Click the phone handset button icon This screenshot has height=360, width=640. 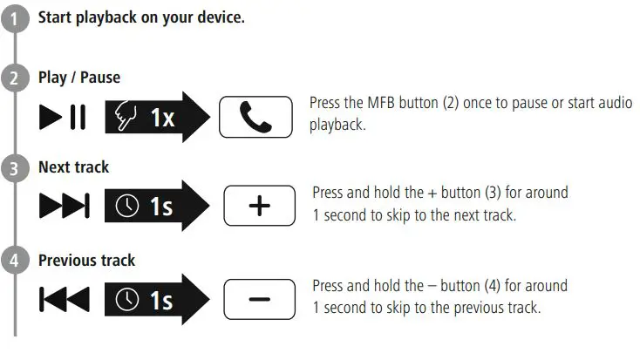point(255,118)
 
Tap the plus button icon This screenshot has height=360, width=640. point(260,207)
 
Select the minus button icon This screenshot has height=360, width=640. point(260,299)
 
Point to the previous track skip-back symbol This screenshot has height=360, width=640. point(64,300)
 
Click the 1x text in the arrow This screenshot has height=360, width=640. point(161,118)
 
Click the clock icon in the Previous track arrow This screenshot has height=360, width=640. point(129,300)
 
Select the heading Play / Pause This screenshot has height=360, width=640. point(79,78)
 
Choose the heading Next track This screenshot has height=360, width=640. point(73,166)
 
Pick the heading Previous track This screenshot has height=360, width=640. point(86,260)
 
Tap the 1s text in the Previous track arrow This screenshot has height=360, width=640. point(161,300)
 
